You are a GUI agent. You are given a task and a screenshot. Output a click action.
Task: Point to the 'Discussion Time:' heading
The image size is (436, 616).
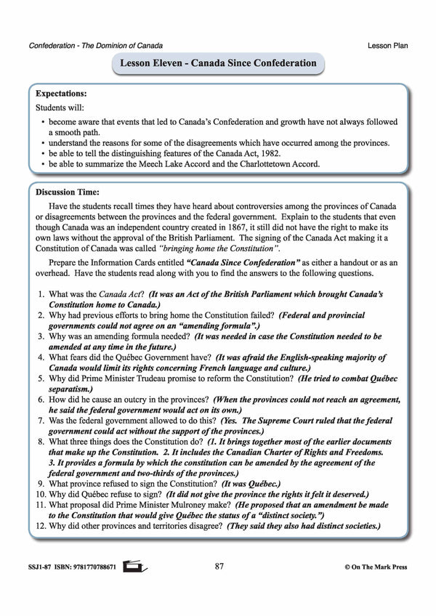click(69, 193)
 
